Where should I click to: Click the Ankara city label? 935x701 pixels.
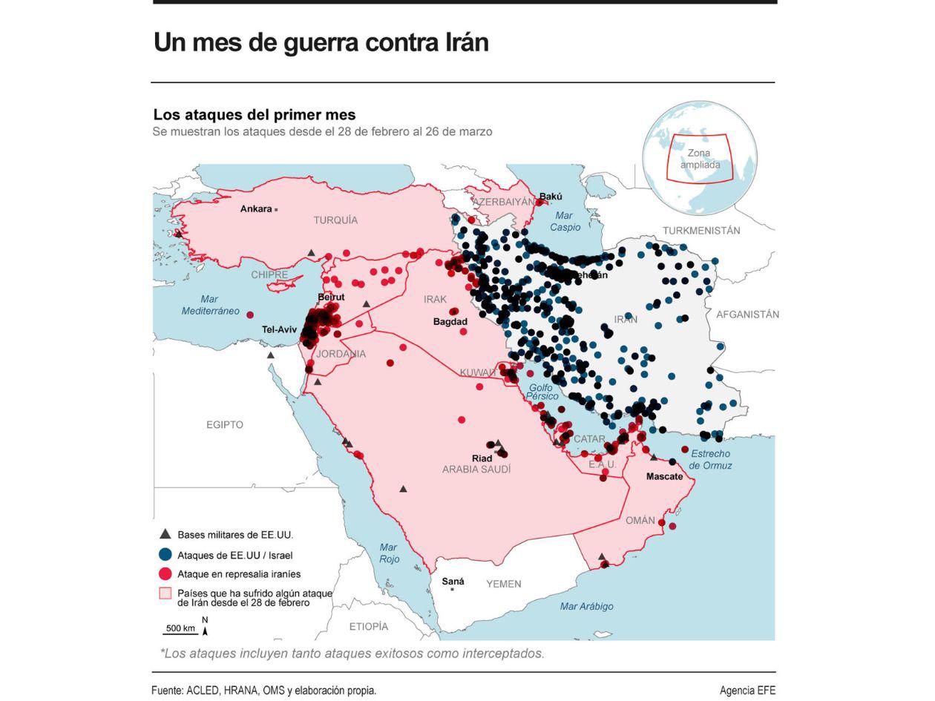255,209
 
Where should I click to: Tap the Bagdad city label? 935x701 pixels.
450,322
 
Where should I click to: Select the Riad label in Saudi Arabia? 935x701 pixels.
482,458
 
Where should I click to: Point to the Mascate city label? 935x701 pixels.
664,476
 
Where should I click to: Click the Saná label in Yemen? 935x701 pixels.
453,582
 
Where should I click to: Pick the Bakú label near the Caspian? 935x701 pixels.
551,197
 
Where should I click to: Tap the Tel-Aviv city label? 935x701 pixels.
279,329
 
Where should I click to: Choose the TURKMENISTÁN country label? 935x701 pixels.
701,231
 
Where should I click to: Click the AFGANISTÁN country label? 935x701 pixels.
747,315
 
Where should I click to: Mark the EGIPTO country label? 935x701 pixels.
224,425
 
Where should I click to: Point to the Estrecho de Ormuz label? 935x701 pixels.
710,460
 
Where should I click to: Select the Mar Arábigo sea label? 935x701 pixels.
586,607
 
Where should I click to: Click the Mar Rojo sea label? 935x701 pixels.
389,553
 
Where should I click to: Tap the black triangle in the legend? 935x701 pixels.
165,534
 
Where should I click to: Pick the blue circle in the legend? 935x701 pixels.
165,554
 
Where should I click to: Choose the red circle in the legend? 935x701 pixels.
165,573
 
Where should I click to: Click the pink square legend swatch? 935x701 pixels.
165,593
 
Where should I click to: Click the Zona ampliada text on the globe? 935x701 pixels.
700,159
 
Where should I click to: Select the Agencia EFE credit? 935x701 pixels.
747,691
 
